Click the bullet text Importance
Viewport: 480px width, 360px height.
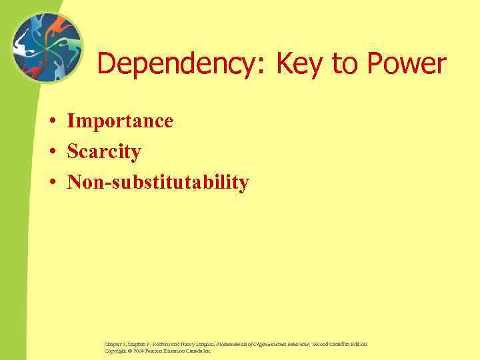tap(120, 121)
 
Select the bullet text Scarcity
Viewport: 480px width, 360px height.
tap(104, 151)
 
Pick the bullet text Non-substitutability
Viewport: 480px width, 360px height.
tap(158, 181)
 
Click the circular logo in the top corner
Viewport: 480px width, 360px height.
tap(47, 48)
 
